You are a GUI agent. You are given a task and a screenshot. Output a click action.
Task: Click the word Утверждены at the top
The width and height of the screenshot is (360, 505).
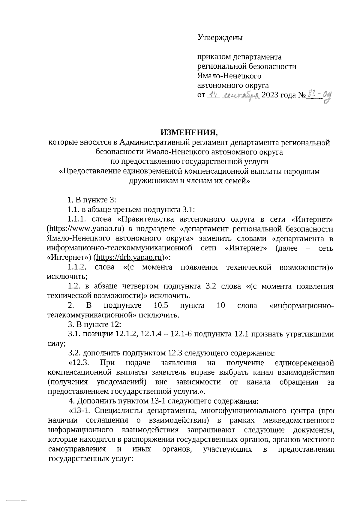click(220, 37)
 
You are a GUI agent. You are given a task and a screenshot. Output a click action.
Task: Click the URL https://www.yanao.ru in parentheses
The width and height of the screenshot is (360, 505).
click(86, 229)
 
